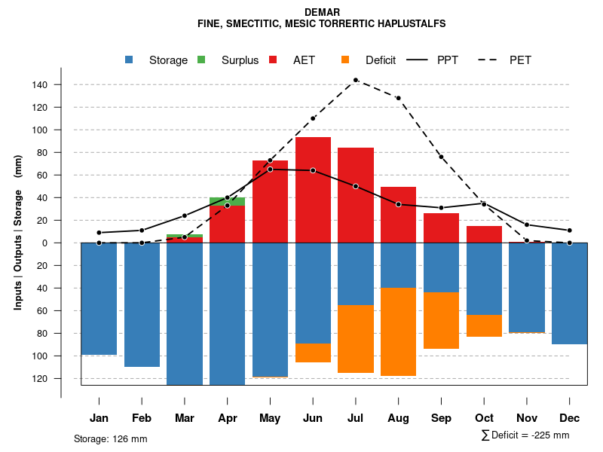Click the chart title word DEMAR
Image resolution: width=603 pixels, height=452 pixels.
(322, 12)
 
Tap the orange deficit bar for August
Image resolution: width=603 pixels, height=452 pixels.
(398, 331)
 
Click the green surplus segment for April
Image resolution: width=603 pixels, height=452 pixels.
(227, 201)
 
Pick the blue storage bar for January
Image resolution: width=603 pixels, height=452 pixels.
(99, 298)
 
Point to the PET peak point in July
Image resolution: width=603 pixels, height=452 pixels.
(355, 80)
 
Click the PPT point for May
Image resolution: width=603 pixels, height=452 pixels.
(270, 169)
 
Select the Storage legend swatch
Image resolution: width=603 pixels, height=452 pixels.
(130, 60)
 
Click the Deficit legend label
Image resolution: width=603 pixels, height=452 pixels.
(380, 60)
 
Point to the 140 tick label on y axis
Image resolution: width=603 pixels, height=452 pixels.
(40, 85)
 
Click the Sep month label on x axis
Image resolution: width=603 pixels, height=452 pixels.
(441, 418)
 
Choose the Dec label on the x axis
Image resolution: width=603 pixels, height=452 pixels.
(569, 418)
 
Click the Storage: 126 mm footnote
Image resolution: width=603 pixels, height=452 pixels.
(110, 438)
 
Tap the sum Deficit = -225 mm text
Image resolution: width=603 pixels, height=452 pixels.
(525, 435)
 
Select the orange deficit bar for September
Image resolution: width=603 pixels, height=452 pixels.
(441, 320)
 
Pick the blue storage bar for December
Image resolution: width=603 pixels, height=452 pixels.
(569, 294)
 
